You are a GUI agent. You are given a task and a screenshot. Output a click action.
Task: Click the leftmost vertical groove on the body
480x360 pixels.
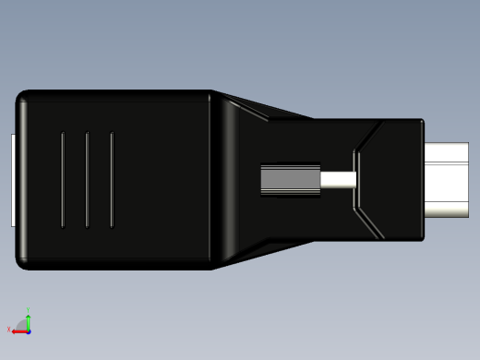[63, 180]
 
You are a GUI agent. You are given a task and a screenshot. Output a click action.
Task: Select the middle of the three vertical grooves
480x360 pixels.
[87, 180]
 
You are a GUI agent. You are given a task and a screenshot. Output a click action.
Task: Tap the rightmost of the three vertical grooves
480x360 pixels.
[112, 180]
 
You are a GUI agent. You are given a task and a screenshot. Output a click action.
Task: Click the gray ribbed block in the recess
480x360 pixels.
[289, 180]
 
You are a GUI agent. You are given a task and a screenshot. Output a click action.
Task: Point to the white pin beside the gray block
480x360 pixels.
[338, 180]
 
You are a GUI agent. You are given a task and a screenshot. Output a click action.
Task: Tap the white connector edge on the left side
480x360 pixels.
[13, 180]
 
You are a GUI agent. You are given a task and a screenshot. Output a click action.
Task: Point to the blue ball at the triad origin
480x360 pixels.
[28, 330]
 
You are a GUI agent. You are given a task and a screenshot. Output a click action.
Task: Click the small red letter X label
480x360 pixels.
[8, 330]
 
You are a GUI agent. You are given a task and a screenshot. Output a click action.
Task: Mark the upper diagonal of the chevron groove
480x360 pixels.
[367, 136]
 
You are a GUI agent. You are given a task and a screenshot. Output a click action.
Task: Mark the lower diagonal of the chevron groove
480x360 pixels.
[367, 224]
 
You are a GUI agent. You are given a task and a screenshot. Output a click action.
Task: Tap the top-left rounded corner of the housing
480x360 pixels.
[23, 96]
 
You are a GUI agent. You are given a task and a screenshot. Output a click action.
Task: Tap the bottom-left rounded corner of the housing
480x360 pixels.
[23, 264]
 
